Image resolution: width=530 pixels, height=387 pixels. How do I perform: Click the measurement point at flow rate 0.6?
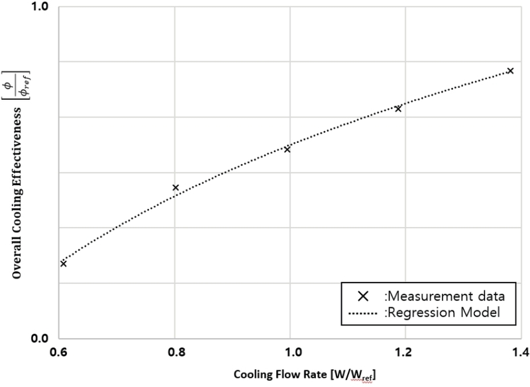pos(64,263)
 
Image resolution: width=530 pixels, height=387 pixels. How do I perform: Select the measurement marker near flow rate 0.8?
pos(176,188)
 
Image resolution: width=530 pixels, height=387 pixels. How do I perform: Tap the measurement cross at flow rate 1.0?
pos(287,150)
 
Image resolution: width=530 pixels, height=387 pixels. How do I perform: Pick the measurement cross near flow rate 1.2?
pos(398,108)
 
